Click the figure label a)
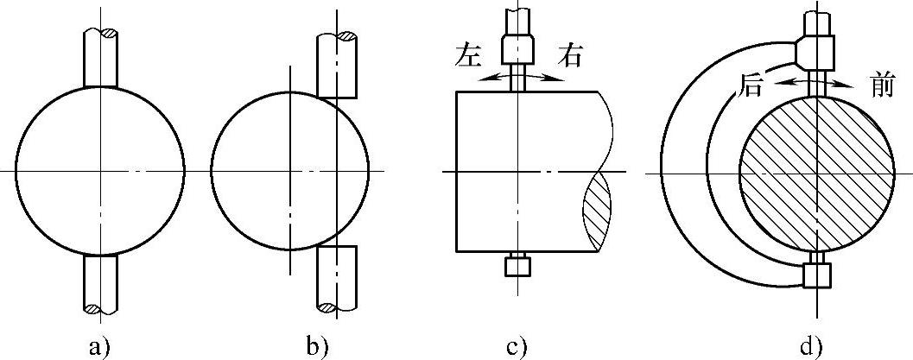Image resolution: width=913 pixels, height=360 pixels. [x=100, y=347]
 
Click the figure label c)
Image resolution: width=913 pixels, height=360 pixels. [x=517, y=347]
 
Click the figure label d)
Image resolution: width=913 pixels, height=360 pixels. [x=811, y=347]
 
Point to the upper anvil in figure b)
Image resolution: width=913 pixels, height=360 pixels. [x=337, y=66]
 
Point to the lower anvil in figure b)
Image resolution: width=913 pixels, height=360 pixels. [x=337, y=276]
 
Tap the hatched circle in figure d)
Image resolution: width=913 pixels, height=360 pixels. [x=811, y=173]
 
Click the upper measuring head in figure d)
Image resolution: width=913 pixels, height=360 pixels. [x=817, y=49]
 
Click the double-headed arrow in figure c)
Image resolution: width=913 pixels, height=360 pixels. [x=519, y=77]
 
